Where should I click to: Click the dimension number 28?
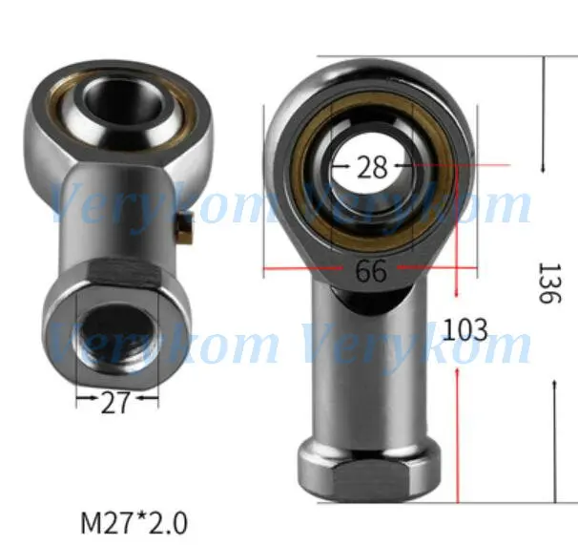pos(372,167)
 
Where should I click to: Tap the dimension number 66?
pos(371,270)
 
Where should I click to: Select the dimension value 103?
pos(465,329)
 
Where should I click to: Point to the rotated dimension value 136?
pos(549,283)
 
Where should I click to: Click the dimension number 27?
pos(115,402)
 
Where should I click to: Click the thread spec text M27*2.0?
pos(134,523)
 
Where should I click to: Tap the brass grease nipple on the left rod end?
pos(184,229)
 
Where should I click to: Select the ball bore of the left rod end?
pos(123,99)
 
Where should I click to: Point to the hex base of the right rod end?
pos(369,472)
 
